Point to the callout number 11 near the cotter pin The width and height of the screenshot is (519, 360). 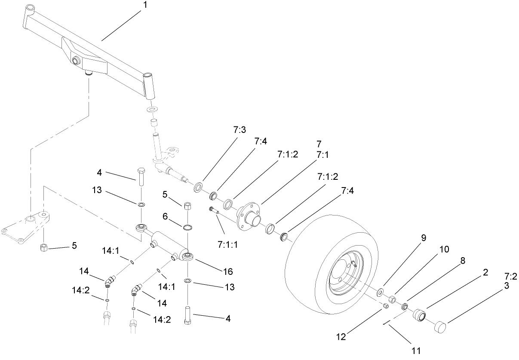coord(415,350)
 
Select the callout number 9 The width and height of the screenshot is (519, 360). coord(424,238)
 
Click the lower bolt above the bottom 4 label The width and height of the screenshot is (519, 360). coord(188,316)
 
